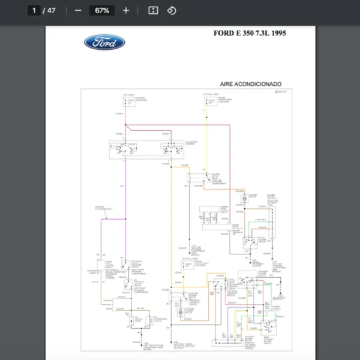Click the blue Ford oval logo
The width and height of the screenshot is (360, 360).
point(104,42)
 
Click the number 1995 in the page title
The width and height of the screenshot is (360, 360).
point(277,33)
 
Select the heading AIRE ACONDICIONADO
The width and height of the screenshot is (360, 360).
point(251,84)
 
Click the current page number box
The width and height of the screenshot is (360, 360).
point(34,11)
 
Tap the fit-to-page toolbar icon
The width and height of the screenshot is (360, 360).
point(152,11)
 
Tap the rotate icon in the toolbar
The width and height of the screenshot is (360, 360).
point(172,11)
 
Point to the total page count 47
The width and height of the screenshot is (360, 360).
point(52,11)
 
